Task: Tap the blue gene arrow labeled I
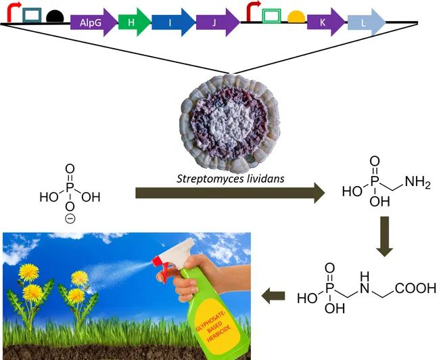[171, 22]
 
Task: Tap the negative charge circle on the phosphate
[70, 219]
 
